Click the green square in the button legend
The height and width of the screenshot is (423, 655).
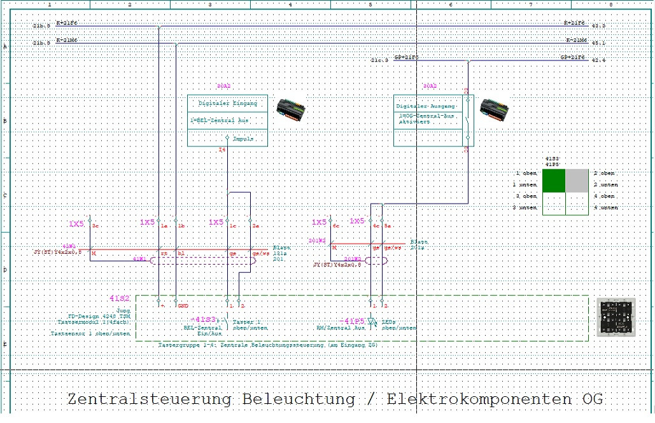(x=554, y=180)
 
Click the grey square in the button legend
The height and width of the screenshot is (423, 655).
(x=577, y=180)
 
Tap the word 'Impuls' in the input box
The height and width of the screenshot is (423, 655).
(x=243, y=138)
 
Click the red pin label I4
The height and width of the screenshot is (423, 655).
(x=222, y=150)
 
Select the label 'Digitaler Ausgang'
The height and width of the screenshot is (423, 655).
(x=425, y=106)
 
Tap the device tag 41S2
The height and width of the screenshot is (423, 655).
(x=120, y=298)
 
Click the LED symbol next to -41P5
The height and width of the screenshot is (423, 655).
(x=372, y=322)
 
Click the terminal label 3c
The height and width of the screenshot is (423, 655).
(x=95, y=226)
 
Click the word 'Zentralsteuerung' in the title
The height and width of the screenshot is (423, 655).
(x=150, y=399)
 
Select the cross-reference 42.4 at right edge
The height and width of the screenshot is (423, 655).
(x=598, y=60)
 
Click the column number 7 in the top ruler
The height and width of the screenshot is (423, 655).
(x=530, y=4)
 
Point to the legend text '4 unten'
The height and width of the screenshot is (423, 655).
(x=605, y=207)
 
